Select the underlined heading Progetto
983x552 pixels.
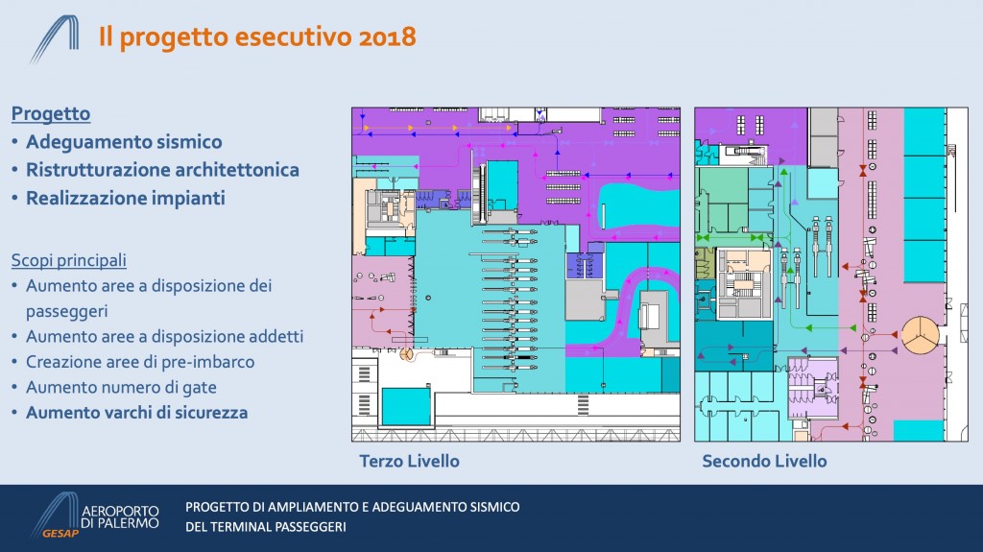51,113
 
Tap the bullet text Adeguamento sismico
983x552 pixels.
124,142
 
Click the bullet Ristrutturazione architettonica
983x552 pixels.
162,170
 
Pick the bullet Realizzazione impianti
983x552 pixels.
126,198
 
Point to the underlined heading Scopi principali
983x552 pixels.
69,260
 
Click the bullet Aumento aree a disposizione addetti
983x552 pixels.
164,336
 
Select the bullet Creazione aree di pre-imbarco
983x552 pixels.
140,362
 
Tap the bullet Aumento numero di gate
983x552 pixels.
121,388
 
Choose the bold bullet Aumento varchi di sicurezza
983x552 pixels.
136,413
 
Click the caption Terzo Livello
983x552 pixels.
409,461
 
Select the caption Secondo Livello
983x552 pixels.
764,461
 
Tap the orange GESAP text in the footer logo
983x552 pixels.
60,533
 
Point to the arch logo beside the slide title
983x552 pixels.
55,39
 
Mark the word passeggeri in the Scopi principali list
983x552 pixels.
66,312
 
